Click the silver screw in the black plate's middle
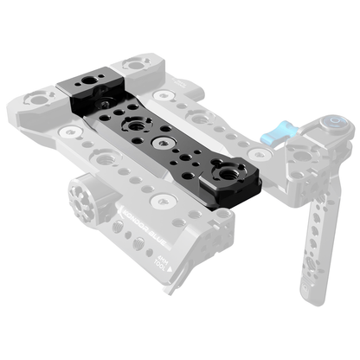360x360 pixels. click(160, 140)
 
